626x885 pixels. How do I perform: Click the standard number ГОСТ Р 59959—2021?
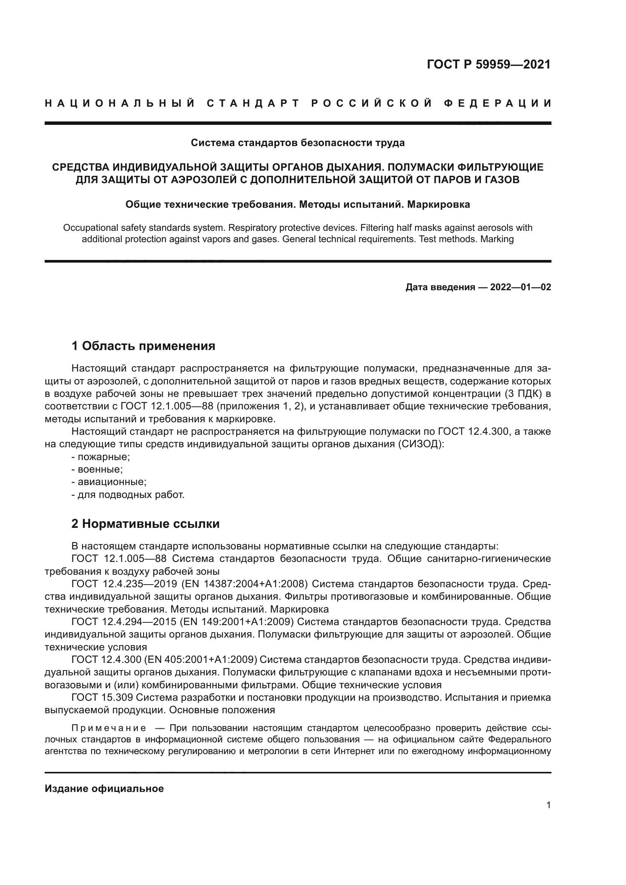tap(488, 64)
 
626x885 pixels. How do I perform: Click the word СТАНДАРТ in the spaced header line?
tap(253, 103)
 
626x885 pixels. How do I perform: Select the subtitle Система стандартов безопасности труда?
tap(297, 143)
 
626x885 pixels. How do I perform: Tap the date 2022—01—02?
tap(520, 287)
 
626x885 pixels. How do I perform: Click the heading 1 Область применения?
tap(143, 346)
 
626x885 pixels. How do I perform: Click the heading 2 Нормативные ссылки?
tap(145, 524)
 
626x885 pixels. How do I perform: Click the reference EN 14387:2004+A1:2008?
tap(244, 584)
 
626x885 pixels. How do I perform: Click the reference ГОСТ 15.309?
tap(102, 698)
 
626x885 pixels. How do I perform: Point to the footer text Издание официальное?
tap(104, 789)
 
